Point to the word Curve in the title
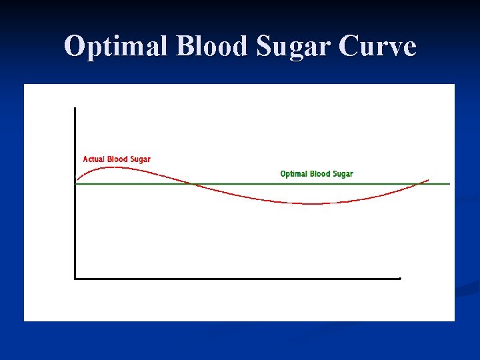click(x=378, y=47)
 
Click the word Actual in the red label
click(x=94, y=159)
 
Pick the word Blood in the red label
click(x=117, y=159)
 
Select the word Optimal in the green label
click(x=293, y=174)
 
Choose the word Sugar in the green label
click(x=342, y=175)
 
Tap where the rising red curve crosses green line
click(x=418, y=184)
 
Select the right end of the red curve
click(x=428, y=180)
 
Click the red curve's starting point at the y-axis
click(x=76, y=181)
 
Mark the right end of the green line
click(x=450, y=184)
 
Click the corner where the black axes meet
click(x=75, y=278)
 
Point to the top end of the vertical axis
click(x=75, y=107)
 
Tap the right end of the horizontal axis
click(x=400, y=278)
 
